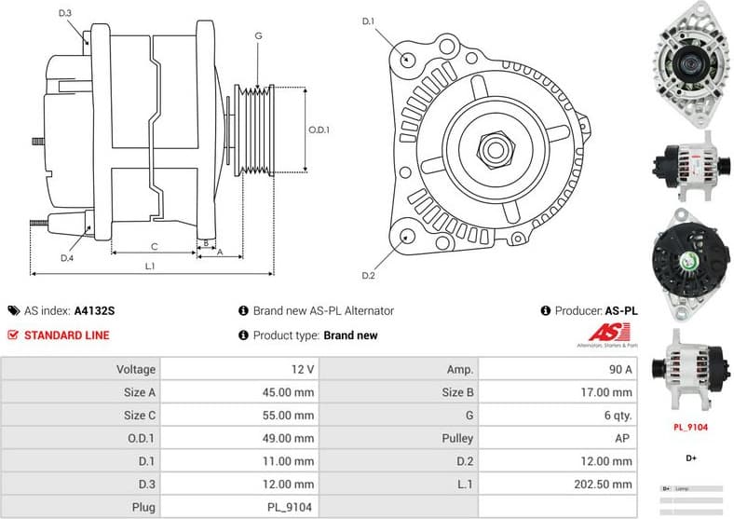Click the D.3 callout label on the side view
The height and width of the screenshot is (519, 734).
point(65,14)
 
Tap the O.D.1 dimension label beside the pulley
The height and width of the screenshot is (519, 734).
point(319,130)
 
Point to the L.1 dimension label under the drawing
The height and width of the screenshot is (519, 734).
point(149,266)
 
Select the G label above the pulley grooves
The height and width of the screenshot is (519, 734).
point(258,36)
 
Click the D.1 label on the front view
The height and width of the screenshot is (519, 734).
point(367,21)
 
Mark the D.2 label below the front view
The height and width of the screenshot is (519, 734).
point(367,276)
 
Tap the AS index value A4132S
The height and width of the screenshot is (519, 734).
point(94,311)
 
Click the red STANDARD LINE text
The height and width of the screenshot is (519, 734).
point(66,335)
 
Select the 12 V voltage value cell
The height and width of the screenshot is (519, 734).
point(302,370)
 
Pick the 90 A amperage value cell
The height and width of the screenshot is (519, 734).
point(620,370)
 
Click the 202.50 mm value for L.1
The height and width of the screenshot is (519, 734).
point(605,485)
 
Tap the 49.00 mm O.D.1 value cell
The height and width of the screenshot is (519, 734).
point(288,438)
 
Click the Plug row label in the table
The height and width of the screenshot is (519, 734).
point(143,508)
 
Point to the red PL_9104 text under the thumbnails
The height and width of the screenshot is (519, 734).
point(691,428)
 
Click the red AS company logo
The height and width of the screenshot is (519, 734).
point(611,333)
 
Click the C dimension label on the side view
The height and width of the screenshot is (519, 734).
point(154,246)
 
